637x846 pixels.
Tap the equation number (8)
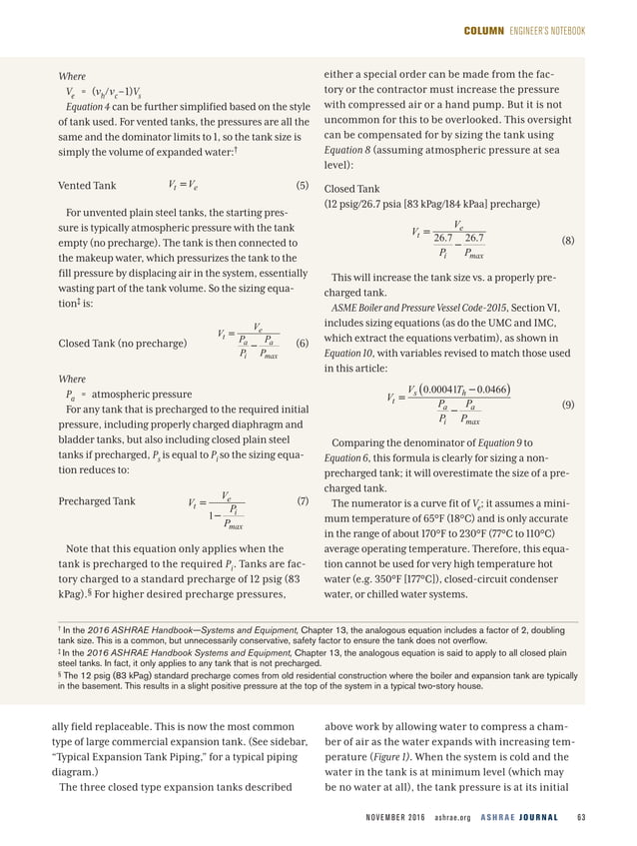pyautogui.click(x=568, y=241)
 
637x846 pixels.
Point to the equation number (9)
pyautogui.click(x=568, y=407)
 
